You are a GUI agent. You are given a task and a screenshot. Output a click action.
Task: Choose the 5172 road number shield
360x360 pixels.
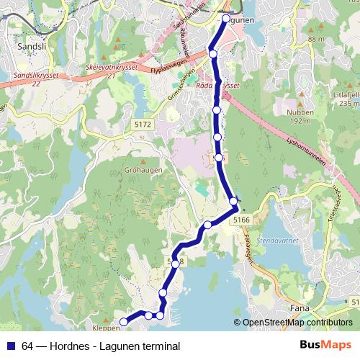pos(143,125)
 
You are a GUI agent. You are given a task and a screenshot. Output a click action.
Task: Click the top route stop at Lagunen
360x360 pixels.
pos(225,18)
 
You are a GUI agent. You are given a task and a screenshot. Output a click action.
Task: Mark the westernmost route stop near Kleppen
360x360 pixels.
pos(123,321)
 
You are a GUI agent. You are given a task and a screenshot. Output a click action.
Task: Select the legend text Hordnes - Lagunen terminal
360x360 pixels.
pos(114,346)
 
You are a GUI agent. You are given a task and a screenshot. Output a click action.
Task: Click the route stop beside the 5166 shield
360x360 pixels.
pos(233,201)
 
